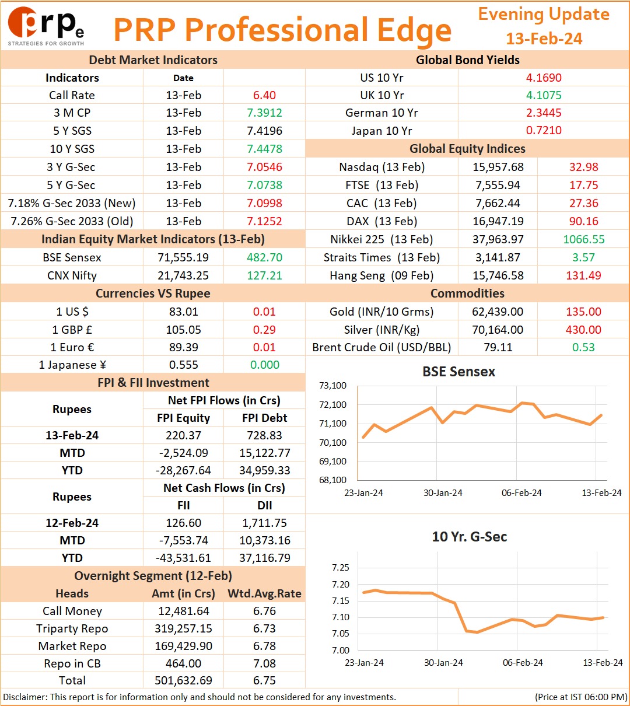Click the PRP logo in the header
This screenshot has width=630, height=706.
point(46,26)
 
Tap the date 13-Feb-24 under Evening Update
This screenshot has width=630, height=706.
point(544,39)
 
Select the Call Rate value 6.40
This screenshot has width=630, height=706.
point(264,95)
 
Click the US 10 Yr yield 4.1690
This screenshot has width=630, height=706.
point(544,78)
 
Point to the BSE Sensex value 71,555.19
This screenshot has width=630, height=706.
point(183,257)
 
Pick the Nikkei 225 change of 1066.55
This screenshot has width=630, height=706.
point(584,239)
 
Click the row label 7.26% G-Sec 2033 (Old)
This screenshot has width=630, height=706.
point(72,221)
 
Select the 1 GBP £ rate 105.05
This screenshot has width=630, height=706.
point(183,329)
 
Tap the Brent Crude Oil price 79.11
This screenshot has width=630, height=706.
point(498,347)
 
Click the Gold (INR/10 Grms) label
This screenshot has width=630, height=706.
point(381,312)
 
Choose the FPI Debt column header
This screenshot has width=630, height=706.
point(264,418)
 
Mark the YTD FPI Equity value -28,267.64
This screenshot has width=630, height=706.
point(183,470)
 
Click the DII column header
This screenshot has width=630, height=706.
point(264,505)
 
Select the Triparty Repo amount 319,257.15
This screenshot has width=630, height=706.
point(183,628)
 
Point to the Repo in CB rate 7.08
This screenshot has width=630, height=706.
point(264,663)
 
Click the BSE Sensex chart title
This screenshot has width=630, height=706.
point(459,372)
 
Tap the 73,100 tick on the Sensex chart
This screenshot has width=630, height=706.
point(332,386)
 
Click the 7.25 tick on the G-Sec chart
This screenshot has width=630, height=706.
point(341,568)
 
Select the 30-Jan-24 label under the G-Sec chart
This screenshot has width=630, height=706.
point(443,662)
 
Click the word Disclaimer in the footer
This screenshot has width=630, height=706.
point(25,697)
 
